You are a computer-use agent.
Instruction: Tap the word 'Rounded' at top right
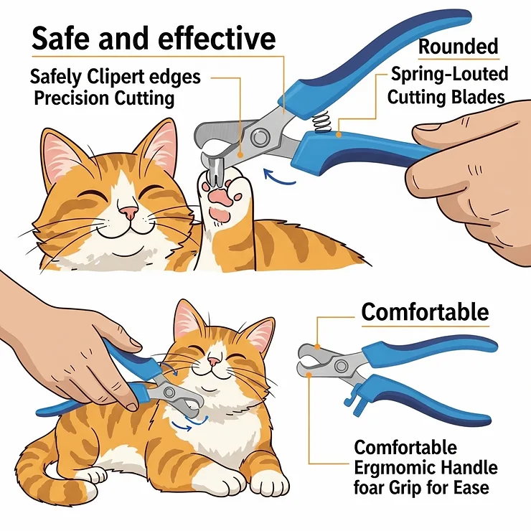[458, 47]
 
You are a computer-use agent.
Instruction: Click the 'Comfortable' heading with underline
[425, 312]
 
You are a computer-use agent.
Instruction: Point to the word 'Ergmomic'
[389, 469]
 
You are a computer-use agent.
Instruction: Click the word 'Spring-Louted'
[449, 74]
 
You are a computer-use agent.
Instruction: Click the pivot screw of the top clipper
[260, 136]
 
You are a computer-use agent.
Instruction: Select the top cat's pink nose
[128, 212]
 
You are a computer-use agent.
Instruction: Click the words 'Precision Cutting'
[104, 98]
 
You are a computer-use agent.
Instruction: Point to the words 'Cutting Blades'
[446, 97]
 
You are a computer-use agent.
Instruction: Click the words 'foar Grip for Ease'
[422, 489]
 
